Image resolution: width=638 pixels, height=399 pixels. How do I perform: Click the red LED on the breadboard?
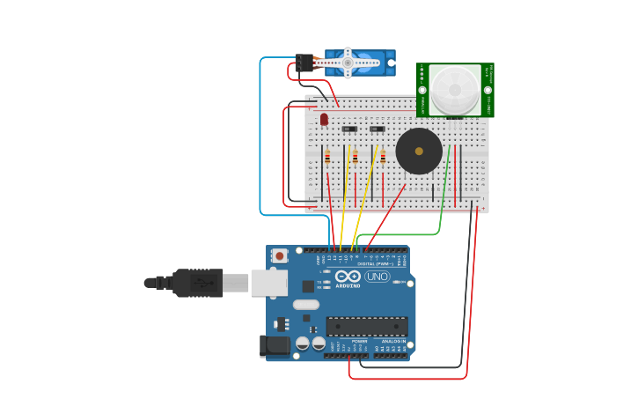pos(324,118)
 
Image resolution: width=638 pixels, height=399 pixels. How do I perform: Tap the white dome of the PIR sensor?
pos(455,89)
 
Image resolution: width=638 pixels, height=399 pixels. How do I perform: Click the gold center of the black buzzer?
pos(419,151)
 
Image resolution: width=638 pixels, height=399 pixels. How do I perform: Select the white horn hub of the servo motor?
pos(348,62)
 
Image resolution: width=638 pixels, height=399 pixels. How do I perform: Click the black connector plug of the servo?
pos(304,63)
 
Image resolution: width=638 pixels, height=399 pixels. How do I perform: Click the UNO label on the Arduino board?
pos(377,277)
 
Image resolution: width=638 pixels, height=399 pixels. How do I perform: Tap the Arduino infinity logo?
pos(348,277)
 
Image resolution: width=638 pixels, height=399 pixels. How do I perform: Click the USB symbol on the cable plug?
pos(202,283)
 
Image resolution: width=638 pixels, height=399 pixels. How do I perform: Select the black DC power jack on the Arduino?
pos(275,346)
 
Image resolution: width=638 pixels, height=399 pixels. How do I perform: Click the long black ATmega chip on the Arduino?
pos(366,326)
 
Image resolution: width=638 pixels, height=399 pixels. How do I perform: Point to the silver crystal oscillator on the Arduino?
pos(305,305)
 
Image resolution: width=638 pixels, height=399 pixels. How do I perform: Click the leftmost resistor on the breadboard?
pos(327,158)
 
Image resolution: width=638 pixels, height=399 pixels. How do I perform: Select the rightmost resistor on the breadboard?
pos(383,158)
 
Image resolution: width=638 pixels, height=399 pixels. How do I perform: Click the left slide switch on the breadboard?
pos(348,129)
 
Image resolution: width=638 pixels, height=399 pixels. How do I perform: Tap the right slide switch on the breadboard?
pos(377,129)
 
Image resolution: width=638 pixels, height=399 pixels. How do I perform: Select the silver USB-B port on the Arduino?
pos(268,283)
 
